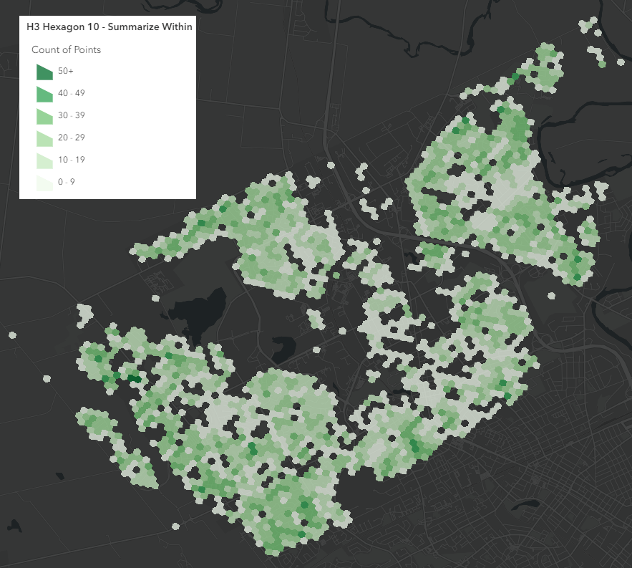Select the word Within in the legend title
[x=175, y=27]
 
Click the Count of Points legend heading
[x=66, y=49]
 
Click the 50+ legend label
[x=66, y=72]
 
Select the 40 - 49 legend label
[x=72, y=94]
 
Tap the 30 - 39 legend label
[x=72, y=115]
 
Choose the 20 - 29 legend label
[x=72, y=138]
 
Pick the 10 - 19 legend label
[x=72, y=160]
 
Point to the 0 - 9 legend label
[x=67, y=182]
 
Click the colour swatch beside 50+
[x=44, y=72]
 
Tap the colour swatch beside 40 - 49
[x=44, y=94]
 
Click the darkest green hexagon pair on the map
[x=133, y=377]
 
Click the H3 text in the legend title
[x=32, y=27]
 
